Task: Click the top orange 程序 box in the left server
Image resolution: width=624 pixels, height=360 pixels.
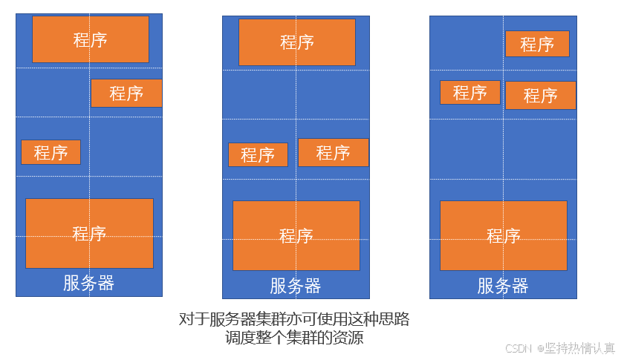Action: tap(90, 39)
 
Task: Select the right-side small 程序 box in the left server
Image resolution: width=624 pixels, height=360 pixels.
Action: tap(126, 94)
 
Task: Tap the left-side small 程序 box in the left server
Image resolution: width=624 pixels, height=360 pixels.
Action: tap(51, 152)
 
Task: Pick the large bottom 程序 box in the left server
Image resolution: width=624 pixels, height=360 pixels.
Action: tap(89, 233)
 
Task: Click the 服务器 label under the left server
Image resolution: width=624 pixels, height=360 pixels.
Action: tap(89, 283)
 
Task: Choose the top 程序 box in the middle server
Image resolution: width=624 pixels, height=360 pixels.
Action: tap(296, 42)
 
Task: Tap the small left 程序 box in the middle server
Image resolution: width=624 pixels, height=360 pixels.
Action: tap(258, 154)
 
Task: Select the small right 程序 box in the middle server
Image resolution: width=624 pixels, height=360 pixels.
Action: tap(333, 152)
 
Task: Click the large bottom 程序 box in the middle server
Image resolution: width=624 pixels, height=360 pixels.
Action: tap(296, 235)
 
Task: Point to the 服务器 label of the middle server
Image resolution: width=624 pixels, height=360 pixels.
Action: tap(296, 286)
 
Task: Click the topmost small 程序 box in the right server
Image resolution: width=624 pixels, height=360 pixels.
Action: tap(537, 44)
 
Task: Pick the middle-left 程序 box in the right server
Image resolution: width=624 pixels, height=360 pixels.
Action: tap(469, 93)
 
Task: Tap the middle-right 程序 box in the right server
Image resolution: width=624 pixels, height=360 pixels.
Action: tap(540, 95)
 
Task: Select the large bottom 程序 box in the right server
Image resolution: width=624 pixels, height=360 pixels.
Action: tap(503, 235)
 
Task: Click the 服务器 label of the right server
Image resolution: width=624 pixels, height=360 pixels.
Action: tap(503, 286)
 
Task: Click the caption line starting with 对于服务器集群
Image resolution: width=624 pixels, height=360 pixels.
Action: tap(295, 320)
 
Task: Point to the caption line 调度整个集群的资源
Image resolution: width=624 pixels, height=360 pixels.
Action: tap(295, 338)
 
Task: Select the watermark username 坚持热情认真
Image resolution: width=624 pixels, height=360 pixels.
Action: tap(580, 348)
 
